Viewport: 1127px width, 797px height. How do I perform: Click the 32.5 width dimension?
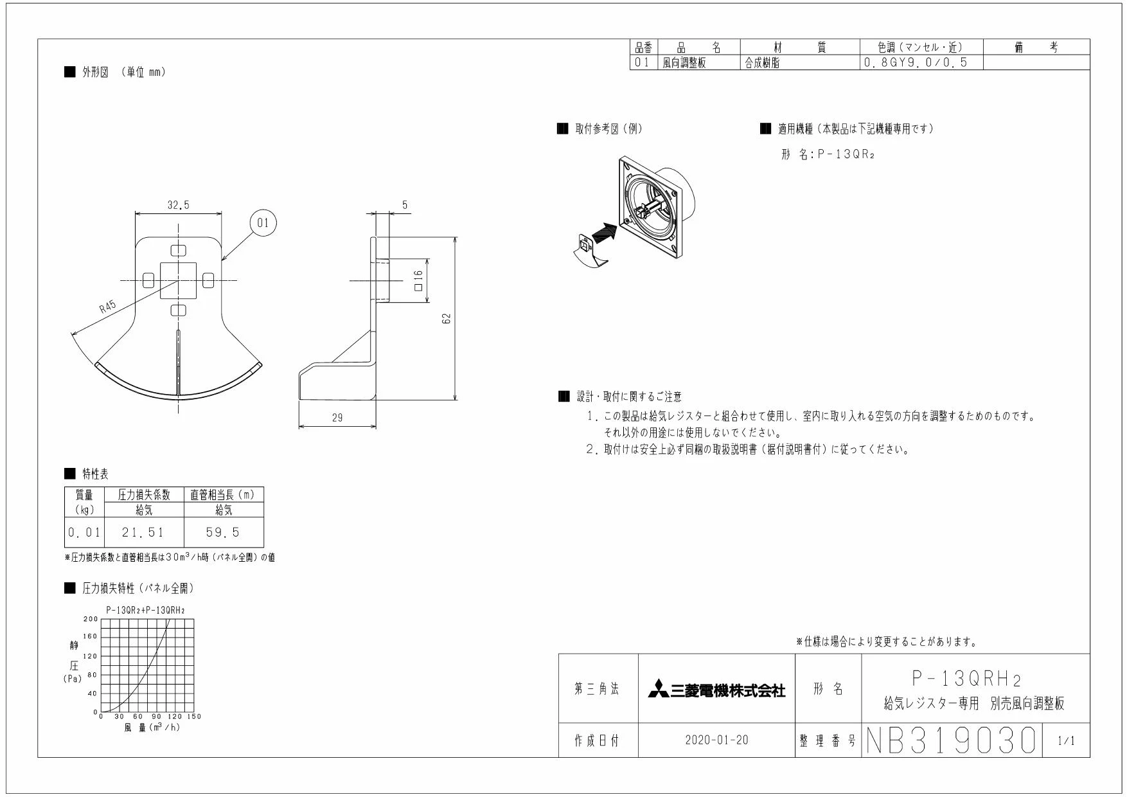pyautogui.click(x=179, y=205)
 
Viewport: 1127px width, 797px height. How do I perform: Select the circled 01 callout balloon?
pyautogui.click(x=263, y=223)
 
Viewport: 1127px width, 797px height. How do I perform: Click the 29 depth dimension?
pyautogui.click(x=337, y=418)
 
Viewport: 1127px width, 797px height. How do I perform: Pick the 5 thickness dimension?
pyautogui.click(x=405, y=205)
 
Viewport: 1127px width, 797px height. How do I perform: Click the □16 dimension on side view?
pyautogui.click(x=418, y=280)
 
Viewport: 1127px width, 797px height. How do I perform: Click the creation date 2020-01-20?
pyautogui.click(x=716, y=740)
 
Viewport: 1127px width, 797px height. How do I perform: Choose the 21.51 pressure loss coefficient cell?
pyautogui.click(x=143, y=532)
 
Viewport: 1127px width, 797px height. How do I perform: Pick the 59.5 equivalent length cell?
pyautogui.click(x=223, y=532)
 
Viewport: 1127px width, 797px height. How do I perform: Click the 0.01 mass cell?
pyautogui.click(x=84, y=532)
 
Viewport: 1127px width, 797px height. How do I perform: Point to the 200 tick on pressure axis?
pyautogui.click(x=91, y=619)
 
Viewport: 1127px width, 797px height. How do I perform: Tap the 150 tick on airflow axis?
pyautogui.click(x=194, y=716)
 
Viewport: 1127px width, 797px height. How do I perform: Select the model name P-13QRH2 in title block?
pyautogui.click(x=966, y=679)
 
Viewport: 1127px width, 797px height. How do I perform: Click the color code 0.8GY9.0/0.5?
pyautogui.click(x=915, y=62)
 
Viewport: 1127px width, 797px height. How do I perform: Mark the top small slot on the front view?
pyautogui.click(x=179, y=249)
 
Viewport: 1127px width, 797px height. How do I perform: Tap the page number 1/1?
pyautogui.click(x=1065, y=741)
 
